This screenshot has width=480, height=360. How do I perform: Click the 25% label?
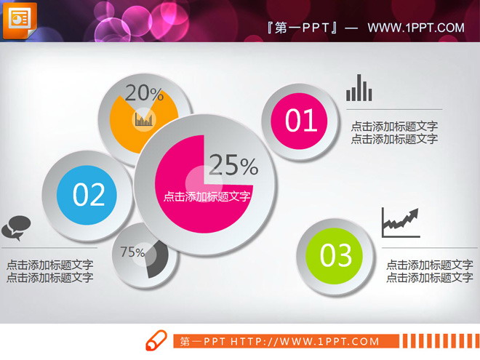point(233,167)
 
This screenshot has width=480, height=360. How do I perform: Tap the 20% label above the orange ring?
point(144,92)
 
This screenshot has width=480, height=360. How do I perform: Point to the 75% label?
point(132,252)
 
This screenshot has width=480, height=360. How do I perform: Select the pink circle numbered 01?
point(301,120)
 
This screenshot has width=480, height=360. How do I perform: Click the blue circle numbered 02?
point(89,194)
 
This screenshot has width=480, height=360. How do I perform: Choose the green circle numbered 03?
point(336,255)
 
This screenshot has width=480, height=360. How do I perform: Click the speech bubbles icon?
point(16,227)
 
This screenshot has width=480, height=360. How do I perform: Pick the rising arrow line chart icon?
point(401,223)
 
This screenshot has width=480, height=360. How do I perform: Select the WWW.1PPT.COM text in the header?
point(415,28)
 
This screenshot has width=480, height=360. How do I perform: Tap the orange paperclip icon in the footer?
point(156,341)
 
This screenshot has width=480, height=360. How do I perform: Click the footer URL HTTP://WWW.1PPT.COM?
point(305,341)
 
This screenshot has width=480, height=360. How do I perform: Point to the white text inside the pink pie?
point(207,196)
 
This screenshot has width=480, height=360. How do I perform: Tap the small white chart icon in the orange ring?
point(144,118)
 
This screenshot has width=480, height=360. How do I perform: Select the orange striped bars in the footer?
point(439,341)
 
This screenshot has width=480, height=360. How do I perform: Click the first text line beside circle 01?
point(394,127)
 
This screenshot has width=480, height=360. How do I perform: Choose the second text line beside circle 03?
point(429,277)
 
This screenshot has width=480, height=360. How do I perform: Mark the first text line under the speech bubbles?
point(49,265)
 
